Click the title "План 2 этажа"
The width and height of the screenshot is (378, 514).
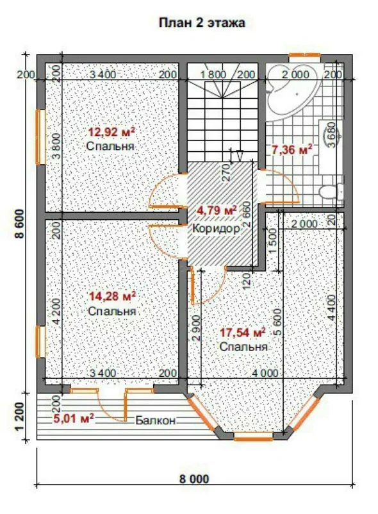(x=202, y=23)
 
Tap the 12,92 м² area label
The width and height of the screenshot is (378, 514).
(x=112, y=132)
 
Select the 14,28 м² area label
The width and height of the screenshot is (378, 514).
(x=113, y=297)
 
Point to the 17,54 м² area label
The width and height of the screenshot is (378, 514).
(x=242, y=333)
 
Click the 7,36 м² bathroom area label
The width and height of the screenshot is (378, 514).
(x=292, y=149)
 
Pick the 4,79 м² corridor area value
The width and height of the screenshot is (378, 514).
(x=217, y=210)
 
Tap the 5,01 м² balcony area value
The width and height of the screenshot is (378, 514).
(x=74, y=419)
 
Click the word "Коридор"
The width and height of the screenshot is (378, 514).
(x=216, y=228)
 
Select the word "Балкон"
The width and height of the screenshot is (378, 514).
(x=156, y=420)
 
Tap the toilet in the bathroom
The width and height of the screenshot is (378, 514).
(x=331, y=191)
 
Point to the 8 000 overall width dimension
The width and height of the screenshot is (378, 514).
(x=194, y=479)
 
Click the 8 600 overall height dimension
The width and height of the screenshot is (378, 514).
(x=21, y=224)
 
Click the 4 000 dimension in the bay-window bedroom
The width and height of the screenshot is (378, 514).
(x=265, y=373)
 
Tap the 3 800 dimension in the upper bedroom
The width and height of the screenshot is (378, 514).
(x=56, y=146)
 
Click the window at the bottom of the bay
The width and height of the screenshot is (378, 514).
(x=253, y=436)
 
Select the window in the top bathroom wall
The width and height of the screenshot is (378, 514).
(x=304, y=58)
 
